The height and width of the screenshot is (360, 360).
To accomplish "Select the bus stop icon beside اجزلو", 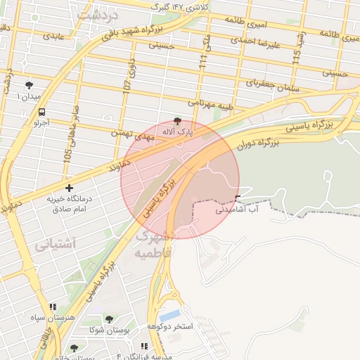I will tap(42, 111).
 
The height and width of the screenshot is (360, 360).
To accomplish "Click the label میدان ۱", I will tap(28, 96).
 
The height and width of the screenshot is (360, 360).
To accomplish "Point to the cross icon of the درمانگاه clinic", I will tap(69, 188).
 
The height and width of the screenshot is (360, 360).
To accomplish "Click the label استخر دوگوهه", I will tap(170, 327).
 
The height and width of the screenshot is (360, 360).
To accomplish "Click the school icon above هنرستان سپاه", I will tap(52, 307).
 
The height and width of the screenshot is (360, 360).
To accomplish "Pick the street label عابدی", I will tap(53, 34).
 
